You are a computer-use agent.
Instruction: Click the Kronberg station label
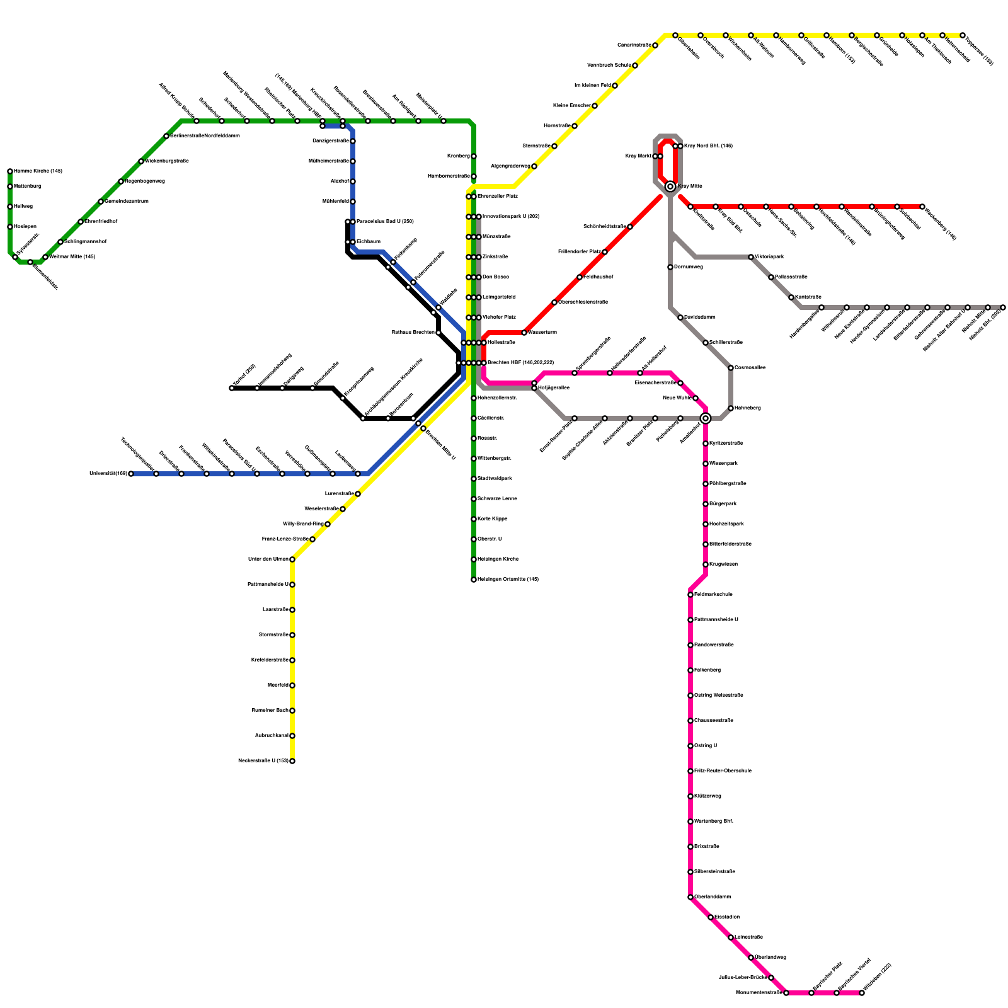pos(458,156)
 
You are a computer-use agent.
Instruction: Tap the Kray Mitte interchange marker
pos(670,186)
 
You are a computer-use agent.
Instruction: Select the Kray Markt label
pos(638,156)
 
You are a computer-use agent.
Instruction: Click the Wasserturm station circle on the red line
pos(524,333)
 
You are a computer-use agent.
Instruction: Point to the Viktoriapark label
pos(769,257)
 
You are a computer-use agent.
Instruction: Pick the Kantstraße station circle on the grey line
pos(791,297)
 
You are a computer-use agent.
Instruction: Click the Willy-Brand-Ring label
pos(303,524)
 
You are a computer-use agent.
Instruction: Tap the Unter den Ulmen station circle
pos(292,559)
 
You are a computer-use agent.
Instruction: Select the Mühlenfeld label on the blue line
pos(335,202)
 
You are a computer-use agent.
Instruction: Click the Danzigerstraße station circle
pos(353,141)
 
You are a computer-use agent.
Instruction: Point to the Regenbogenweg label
pos(145,181)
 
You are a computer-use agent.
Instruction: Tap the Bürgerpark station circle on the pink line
pos(706,504)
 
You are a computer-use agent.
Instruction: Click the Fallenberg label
pos(707,670)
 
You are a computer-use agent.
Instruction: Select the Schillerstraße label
pos(726,343)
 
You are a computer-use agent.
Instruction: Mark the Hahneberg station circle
pos(731,408)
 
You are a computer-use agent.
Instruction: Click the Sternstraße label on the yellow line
pos(536,146)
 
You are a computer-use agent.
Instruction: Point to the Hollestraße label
pos(501,343)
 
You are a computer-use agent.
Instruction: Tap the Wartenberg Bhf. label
pos(714,822)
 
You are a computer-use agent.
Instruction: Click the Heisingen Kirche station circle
pos(474,559)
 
